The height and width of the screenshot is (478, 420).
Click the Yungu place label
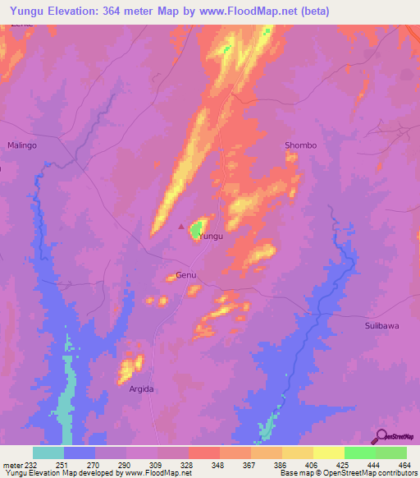point(211,236)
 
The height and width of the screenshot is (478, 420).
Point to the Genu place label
point(185,276)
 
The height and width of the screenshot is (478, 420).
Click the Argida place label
point(141,388)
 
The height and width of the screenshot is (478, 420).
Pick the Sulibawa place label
point(381,326)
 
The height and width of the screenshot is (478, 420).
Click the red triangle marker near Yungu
point(182,228)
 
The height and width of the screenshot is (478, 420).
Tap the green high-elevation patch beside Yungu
point(198,230)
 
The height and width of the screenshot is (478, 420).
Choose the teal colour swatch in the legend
point(48,453)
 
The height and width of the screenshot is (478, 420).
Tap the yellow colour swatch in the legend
point(328,453)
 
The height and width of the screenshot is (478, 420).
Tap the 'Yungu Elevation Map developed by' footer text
point(62,473)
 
